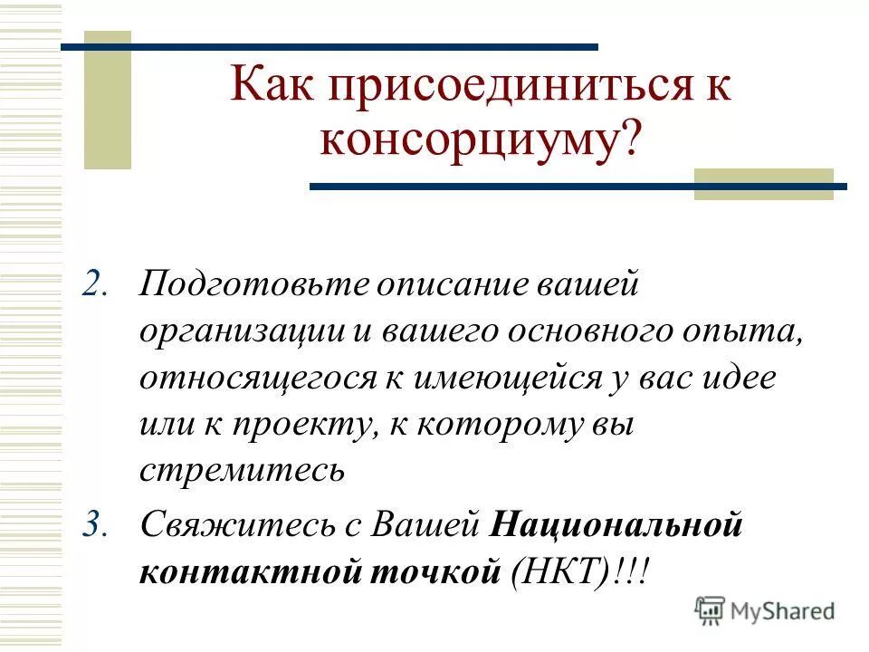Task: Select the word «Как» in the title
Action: click(268, 88)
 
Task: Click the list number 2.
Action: click(97, 284)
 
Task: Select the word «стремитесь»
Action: click(243, 472)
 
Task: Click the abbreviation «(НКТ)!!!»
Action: click(579, 572)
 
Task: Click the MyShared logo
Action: click(764, 610)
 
